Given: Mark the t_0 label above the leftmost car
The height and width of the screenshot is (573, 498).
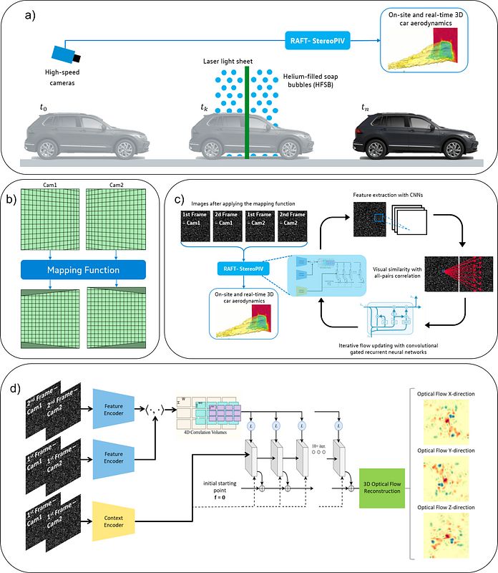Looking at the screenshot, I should click(45, 107).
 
